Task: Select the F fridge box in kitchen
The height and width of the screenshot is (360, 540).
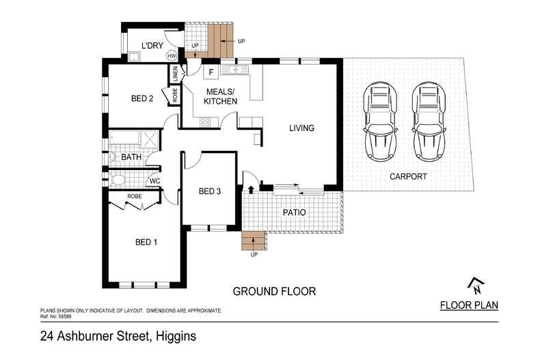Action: (x=211, y=71)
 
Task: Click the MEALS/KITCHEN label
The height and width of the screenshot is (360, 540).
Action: (x=221, y=96)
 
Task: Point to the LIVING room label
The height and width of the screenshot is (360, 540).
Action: (x=301, y=128)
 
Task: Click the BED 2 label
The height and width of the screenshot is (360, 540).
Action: (x=141, y=98)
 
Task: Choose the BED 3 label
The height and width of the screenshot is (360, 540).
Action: (x=208, y=191)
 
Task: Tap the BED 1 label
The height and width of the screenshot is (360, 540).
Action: (x=146, y=242)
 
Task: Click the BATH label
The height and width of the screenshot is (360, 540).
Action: (x=131, y=157)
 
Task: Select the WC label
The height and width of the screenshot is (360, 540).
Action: (x=155, y=181)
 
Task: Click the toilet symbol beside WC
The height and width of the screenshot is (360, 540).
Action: (x=117, y=180)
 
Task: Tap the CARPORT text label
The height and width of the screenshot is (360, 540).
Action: (x=408, y=176)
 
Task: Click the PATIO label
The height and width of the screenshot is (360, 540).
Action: (x=295, y=212)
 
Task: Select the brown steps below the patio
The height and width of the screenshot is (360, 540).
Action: (x=253, y=241)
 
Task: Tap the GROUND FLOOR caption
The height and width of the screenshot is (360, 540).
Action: (x=274, y=291)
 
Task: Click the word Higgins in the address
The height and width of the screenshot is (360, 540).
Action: (x=177, y=336)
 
